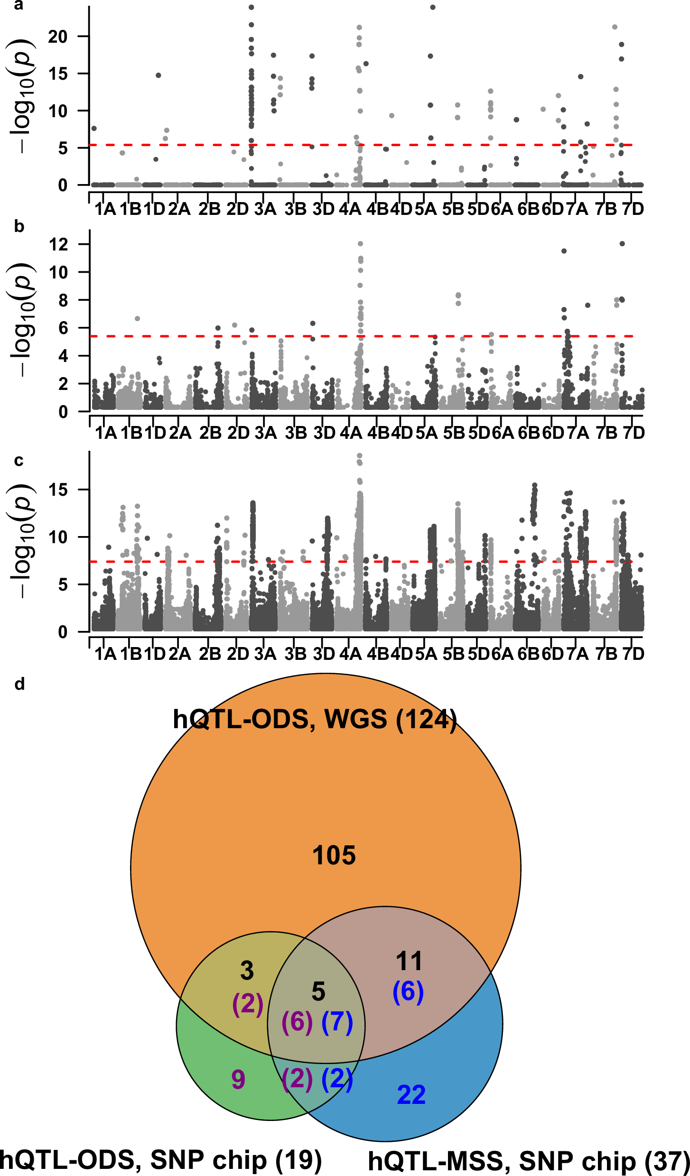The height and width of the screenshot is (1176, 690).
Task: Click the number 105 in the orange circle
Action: click(x=334, y=856)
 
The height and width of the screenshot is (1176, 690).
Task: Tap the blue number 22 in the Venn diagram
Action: click(x=411, y=1095)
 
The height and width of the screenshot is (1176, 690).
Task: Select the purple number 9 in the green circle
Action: click(x=238, y=1079)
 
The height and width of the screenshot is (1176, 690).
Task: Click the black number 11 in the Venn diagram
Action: click(x=409, y=962)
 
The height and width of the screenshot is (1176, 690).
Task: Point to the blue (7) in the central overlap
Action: click(x=337, y=1022)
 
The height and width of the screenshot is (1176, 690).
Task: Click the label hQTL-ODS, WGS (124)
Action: click(x=315, y=719)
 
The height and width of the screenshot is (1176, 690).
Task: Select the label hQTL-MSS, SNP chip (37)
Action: click(x=529, y=1161)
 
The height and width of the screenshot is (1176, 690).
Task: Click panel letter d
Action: click(x=19, y=684)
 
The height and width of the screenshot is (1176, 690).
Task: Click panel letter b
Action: click(x=19, y=227)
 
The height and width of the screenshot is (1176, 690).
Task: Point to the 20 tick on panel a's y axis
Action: click(x=57, y=37)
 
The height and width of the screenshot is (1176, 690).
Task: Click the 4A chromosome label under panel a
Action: click(x=350, y=209)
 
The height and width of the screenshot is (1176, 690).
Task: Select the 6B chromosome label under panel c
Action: click(x=528, y=654)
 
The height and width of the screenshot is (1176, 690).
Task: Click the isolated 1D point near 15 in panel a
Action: click(x=159, y=75)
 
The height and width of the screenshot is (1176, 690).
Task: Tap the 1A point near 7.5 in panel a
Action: click(x=94, y=129)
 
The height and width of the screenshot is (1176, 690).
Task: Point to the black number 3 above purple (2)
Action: click(x=247, y=971)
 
